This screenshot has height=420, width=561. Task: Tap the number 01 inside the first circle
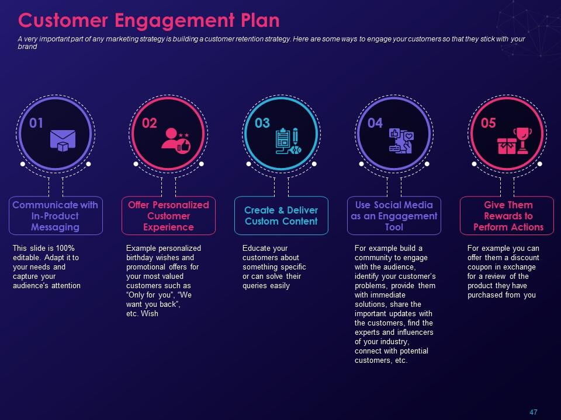[x=36, y=123]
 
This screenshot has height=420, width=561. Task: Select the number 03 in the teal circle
[x=262, y=123]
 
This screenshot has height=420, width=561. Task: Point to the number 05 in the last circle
[x=489, y=123]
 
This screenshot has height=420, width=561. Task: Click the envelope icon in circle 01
[x=63, y=141]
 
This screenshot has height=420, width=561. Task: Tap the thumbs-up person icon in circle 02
[x=176, y=141]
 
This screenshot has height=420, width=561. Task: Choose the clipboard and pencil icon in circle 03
[x=288, y=141]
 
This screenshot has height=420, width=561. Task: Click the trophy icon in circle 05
[x=522, y=141]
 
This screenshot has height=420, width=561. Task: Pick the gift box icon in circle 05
[x=506, y=146]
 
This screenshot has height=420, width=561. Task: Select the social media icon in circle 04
[x=401, y=141]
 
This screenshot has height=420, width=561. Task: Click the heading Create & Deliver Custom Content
[x=281, y=216]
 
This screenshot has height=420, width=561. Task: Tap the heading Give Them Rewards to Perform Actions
[x=508, y=216]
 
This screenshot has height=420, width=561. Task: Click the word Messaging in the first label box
[x=55, y=228]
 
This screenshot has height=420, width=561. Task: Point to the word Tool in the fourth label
[x=394, y=227]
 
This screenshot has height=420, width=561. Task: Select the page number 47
[x=534, y=412]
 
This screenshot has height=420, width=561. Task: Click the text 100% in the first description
[x=65, y=249]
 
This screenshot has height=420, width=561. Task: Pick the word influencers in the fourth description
[x=415, y=332]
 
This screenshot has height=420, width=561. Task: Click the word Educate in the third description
[x=254, y=249]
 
